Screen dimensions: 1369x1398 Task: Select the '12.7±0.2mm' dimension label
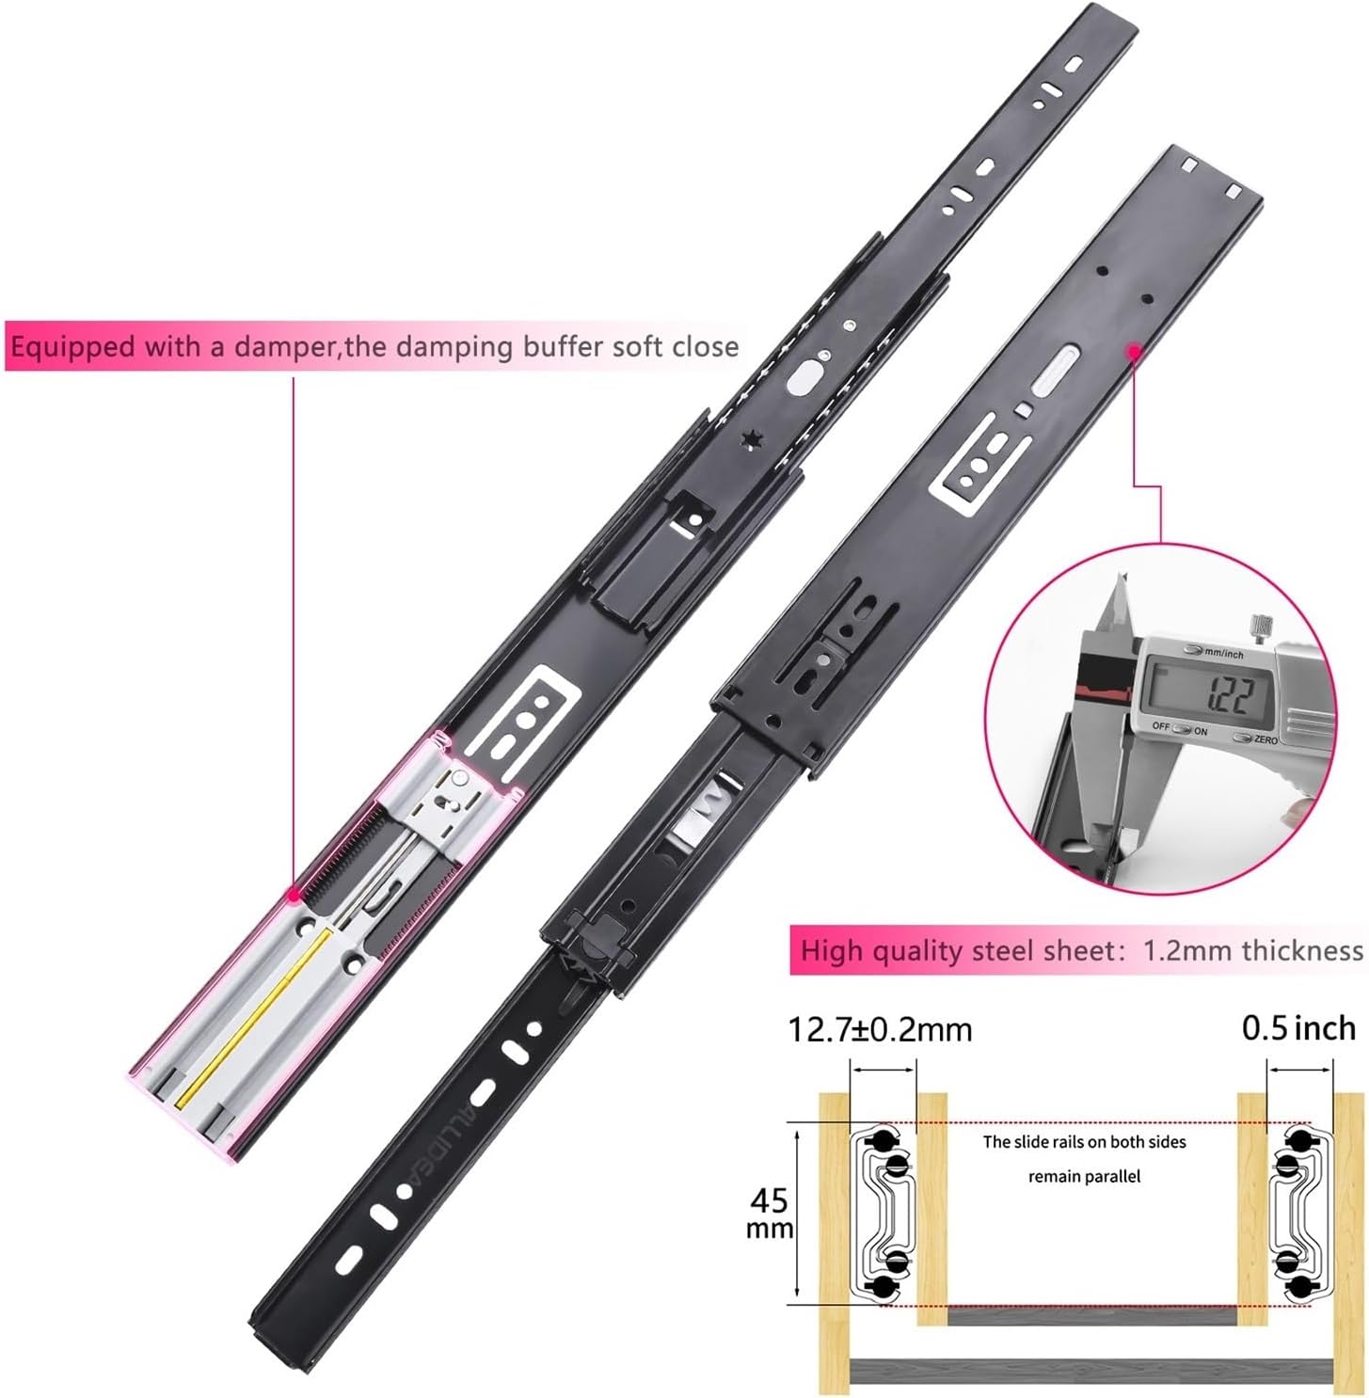880,1029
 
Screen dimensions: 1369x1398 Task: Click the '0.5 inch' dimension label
1298,1027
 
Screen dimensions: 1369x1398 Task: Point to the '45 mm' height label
770,1213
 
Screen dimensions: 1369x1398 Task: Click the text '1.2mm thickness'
1252,950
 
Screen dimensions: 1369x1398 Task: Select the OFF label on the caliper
1161,727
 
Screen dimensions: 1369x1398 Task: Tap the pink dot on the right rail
1134,351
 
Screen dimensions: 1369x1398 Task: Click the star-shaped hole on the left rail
752,439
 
